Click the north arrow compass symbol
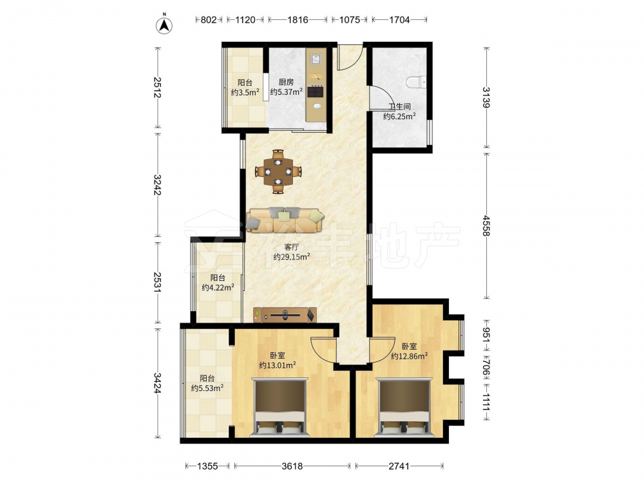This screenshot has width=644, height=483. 164,25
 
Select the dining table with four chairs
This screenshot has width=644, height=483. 278,171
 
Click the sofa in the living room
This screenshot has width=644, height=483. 285,220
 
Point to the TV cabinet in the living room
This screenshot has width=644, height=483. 285,315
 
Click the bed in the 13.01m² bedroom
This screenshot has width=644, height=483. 280,407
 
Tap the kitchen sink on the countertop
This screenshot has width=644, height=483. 316,59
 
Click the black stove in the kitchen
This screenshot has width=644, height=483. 316,91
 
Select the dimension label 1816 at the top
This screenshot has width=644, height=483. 298,20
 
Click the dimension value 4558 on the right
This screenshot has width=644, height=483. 486,225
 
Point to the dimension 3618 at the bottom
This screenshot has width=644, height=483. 292,466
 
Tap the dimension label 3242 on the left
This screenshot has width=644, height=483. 157,185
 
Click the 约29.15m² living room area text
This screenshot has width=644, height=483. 292,257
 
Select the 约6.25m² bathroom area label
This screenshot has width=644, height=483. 399,116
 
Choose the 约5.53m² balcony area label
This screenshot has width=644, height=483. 207,388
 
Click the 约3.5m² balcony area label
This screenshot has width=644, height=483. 245,92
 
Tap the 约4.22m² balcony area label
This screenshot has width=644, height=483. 218,287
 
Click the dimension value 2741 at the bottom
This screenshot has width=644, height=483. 399,466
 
